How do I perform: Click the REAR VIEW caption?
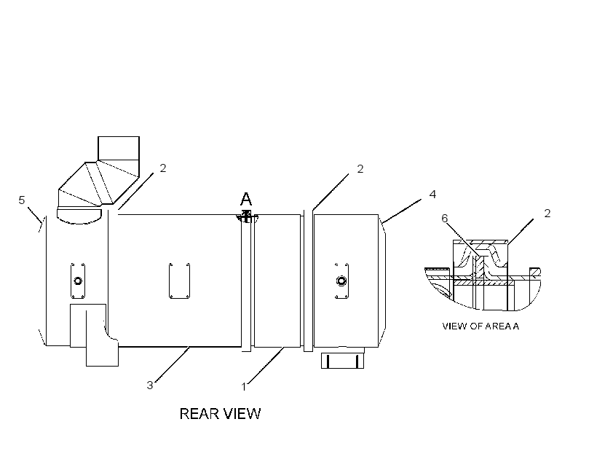coord(220,414)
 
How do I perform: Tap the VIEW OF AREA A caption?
coord(481,326)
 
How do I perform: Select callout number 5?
coord(22,200)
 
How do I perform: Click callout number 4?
coord(432,195)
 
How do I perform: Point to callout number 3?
coord(150,385)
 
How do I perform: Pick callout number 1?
coord(244,387)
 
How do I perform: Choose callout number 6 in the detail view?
coord(444,218)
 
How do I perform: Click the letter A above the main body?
coord(246,199)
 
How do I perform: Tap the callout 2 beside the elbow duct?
coord(163,168)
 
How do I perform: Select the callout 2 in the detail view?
coord(547,213)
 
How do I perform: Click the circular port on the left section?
coord(78,281)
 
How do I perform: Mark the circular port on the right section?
coord(341,281)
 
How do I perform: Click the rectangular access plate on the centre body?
coord(179,281)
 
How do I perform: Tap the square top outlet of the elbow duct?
coord(119,148)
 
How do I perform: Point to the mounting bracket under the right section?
coord(342,360)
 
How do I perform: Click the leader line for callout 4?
coord(402,211)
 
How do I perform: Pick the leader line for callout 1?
coord(266,365)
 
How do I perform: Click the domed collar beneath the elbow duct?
coord(79,216)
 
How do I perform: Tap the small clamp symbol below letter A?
coord(247,216)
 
